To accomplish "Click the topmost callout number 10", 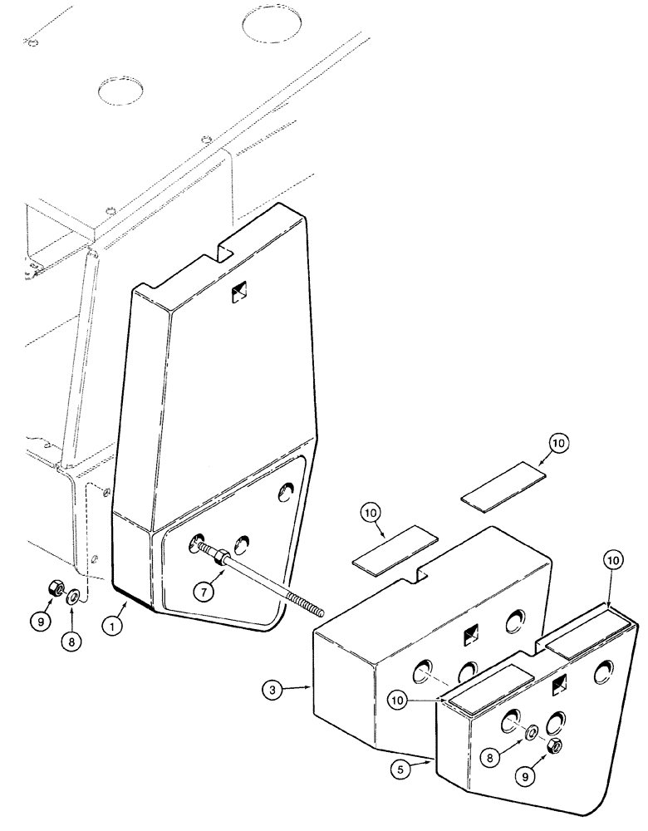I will tap(557, 444).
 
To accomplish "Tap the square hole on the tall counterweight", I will tap(241, 293).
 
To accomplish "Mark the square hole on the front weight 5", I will tap(560, 683).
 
